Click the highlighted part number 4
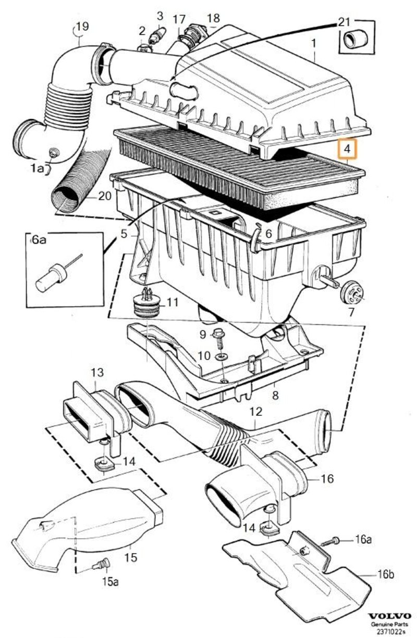[x=347, y=149]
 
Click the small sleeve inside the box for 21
[x=357, y=38]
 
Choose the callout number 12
[x=255, y=412]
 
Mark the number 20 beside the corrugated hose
[x=105, y=196]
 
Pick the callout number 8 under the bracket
[x=275, y=395]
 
